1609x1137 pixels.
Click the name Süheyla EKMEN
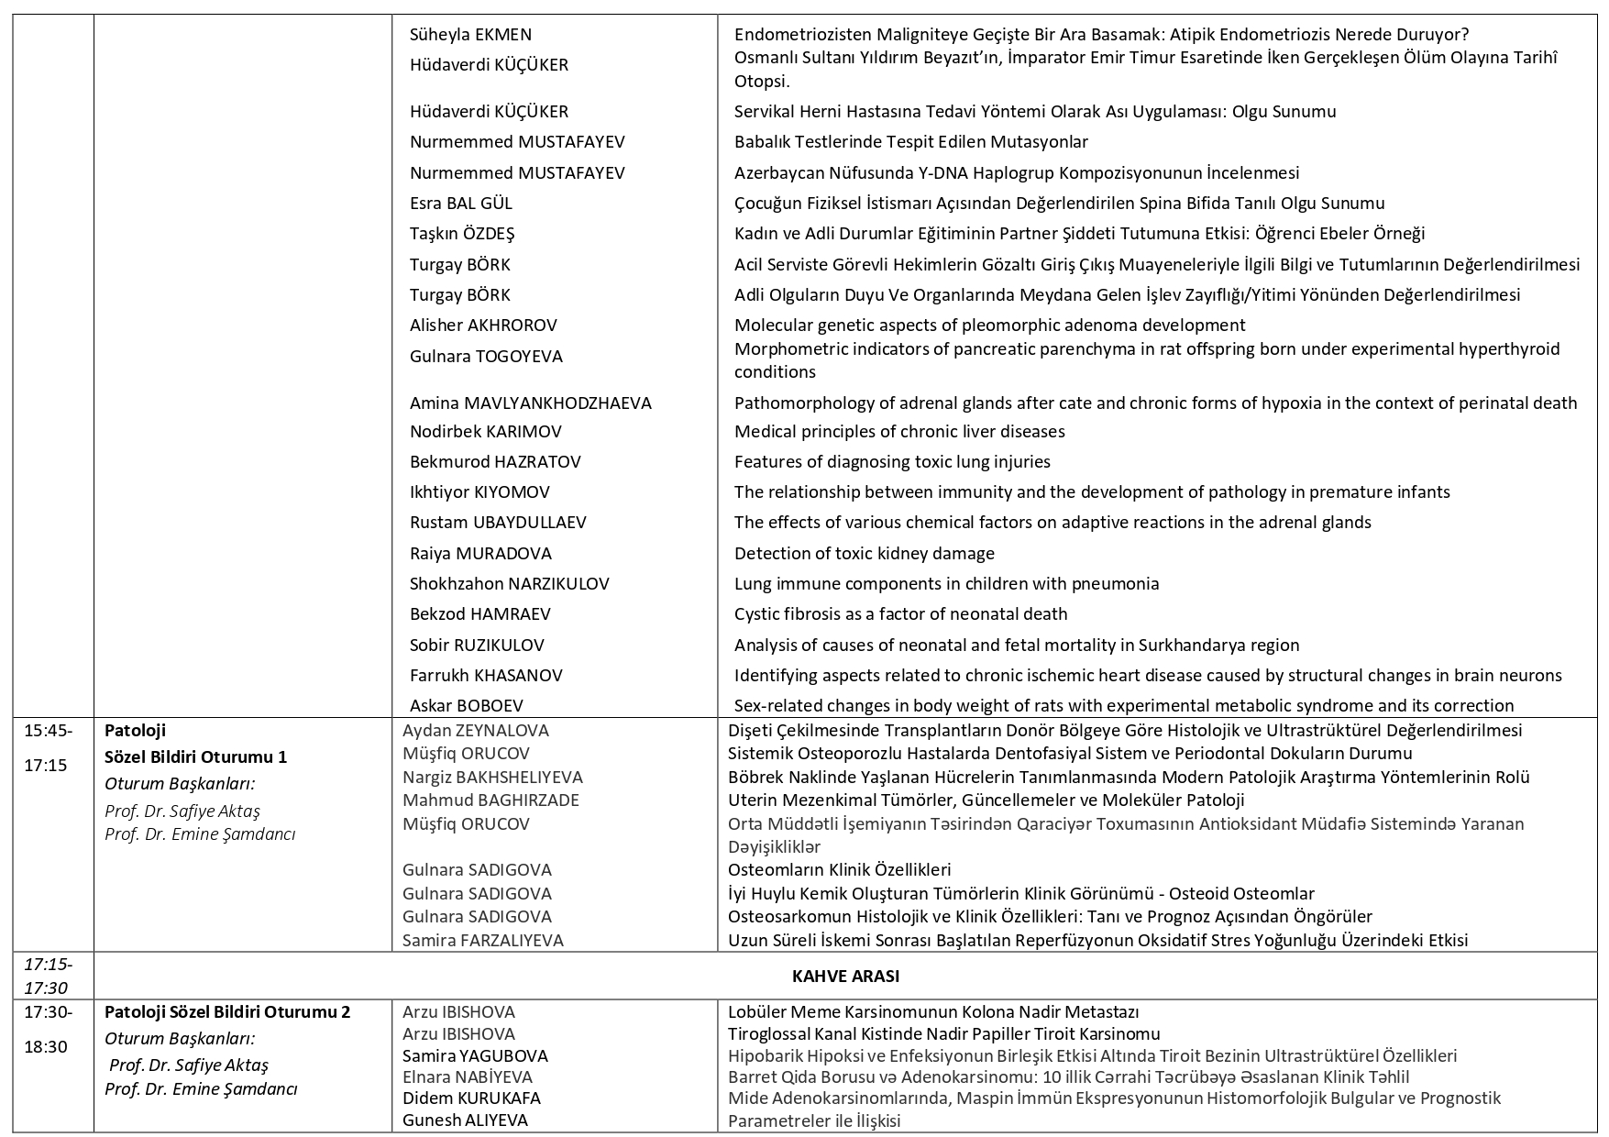(470, 35)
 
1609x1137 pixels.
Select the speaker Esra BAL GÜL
(460, 204)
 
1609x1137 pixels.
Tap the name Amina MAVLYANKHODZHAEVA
(530, 403)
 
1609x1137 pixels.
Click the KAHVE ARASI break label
(844, 976)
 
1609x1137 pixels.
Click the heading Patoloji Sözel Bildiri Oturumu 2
(227, 1012)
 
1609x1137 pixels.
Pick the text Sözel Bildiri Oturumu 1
(195, 756)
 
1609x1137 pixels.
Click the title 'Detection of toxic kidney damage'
(864, 553)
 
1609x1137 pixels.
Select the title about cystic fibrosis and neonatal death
(900, 613)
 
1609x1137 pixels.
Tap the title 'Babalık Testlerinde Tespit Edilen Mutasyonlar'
(910, 142)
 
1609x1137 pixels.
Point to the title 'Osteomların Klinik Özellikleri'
(839, 869)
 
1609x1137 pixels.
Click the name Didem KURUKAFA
(471, 1098)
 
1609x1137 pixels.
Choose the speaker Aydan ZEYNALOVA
(475, 731)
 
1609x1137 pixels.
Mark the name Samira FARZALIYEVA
(482, 940)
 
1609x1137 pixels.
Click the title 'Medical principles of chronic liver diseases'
(898, 431)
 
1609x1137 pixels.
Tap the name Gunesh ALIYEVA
(465, 1120)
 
